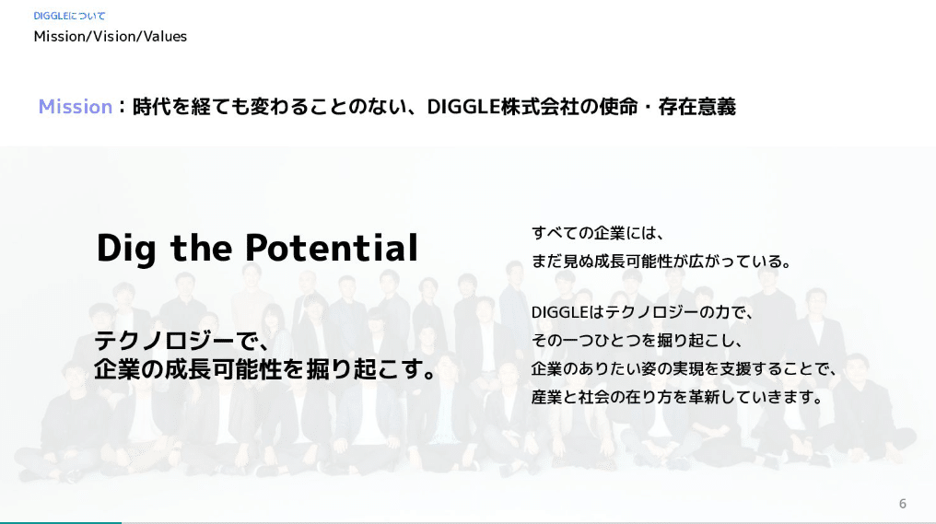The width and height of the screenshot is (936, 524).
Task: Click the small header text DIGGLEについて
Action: click(x=69, y=16)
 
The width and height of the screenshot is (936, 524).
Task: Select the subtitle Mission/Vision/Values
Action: click(x=111, y=37)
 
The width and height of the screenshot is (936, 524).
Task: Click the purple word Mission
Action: click(x=76, y=107)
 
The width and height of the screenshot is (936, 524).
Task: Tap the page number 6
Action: click(x=903, y=504)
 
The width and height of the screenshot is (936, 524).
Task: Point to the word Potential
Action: click(x=332, y=248)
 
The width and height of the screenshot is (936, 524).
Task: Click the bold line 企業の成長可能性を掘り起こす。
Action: click(x=265, y=370)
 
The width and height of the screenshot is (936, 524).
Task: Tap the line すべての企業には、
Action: click(x=596, y=232)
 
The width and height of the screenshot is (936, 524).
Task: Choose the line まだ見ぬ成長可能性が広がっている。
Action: click(x=661, y=262)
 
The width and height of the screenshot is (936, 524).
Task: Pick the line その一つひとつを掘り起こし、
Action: click(x=637, y=341)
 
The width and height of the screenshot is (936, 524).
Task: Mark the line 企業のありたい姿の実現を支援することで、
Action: click(x=684, y=369)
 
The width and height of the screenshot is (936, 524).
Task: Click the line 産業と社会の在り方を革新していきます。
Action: click(x=676, y=398)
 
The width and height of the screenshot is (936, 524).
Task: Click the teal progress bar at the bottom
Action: click(x=60, y=522)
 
